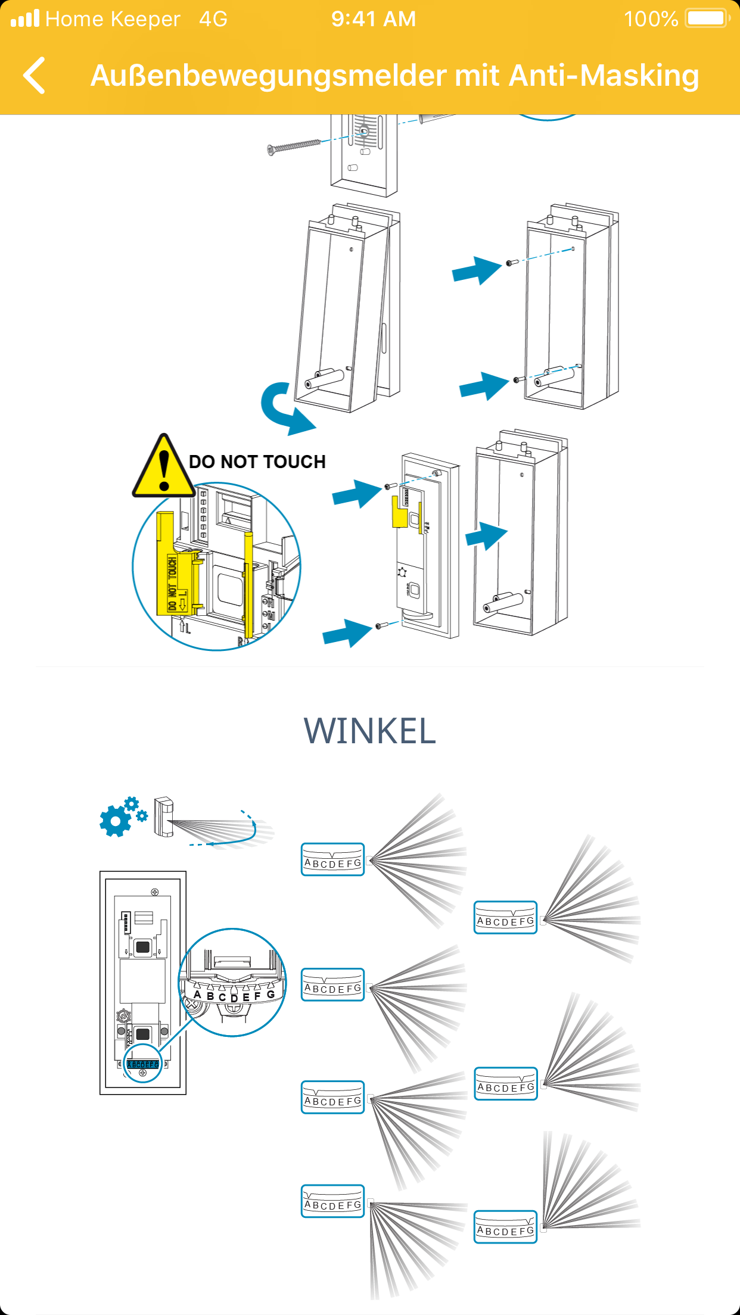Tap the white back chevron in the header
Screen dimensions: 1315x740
[35, 76]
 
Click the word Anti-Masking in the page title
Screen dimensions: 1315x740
[604, 76]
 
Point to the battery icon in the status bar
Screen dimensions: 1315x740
[707, 18]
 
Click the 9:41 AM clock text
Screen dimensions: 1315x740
[374, 19]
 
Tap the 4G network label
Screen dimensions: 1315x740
[213, 19]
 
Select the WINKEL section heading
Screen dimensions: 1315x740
[369, 731]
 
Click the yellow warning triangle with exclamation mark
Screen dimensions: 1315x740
[163, 468]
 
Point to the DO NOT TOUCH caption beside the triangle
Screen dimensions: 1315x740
[257, 462]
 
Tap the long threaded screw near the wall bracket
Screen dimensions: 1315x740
[294, 145]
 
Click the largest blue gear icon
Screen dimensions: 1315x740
[115, 821]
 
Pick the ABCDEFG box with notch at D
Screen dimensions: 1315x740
[332, 859]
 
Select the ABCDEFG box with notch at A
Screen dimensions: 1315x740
[332, 1201]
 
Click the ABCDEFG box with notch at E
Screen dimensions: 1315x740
[505, 917]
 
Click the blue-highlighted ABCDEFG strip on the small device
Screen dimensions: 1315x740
[143, 1064]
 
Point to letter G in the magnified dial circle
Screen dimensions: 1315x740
[270, 994]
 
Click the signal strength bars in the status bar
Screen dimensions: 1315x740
[25, 18]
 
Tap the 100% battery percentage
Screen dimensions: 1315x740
[651, 19]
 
